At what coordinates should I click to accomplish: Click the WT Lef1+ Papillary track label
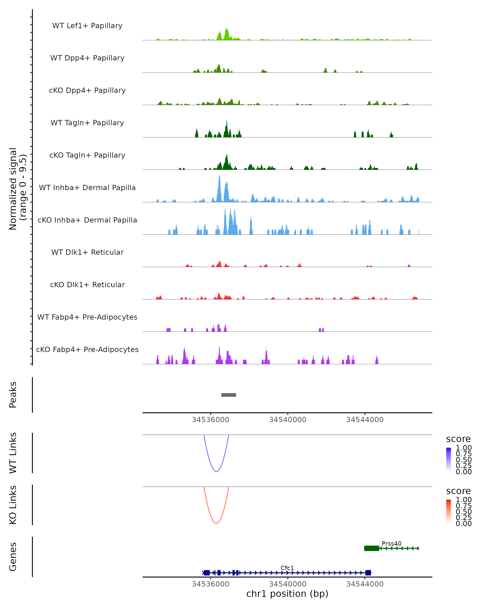[x=87, y=26]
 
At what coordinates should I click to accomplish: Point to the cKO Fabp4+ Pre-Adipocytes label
[x=87, y=349]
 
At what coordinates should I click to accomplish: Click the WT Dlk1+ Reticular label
[x=87, y=252]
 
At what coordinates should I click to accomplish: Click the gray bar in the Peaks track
[x=228, y=395]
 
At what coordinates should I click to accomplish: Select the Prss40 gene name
[x=391, y=543]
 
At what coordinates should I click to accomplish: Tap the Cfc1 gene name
[x=287, y=568]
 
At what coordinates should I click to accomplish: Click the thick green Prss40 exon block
[x=372, y=548]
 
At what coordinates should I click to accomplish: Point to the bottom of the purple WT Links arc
[x=216, y=471]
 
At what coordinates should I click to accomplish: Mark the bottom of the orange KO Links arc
[x=216, y=523]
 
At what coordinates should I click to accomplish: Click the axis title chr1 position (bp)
[x=287, y=594]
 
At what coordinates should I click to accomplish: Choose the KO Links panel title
[x=13, y=505]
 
